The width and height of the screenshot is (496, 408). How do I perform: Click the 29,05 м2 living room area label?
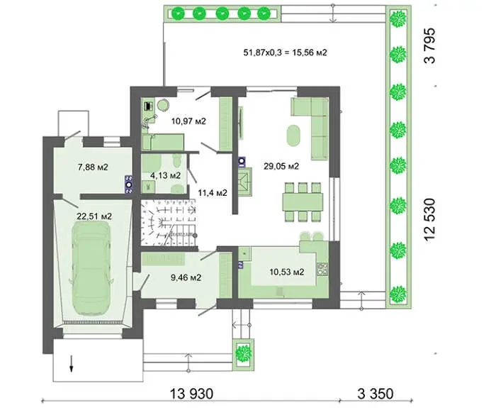[281, 166]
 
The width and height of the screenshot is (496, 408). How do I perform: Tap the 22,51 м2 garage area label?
[94, 216]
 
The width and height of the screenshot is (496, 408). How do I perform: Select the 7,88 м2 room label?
[93, 167]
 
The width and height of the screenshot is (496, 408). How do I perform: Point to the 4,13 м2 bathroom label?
[165, 175]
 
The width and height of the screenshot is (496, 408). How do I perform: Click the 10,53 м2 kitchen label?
[287, 272]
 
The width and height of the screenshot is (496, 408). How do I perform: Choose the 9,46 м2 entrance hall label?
[186, 277]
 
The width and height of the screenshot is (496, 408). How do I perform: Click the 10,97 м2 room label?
[188, 121]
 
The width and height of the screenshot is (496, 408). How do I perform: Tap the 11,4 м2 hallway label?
[213, 192]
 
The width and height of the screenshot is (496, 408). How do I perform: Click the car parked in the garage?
[91, 268]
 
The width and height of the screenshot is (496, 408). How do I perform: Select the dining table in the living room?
[303, 202]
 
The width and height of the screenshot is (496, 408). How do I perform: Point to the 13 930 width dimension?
[192, 394]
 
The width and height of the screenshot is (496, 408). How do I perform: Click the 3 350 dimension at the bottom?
[376, 394]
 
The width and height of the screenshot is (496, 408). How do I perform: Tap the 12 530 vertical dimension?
[430, 219]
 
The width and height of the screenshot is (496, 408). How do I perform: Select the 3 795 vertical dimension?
[430, 46]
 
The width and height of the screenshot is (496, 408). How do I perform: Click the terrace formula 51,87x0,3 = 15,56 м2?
[286, 53]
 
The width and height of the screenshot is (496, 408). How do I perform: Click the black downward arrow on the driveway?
[72, 363]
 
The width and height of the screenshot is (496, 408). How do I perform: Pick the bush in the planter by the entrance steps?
[244, 353]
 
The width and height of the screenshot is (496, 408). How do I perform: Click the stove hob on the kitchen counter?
[322, 269]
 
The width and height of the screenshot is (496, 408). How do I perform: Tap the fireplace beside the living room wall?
[244, 182]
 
